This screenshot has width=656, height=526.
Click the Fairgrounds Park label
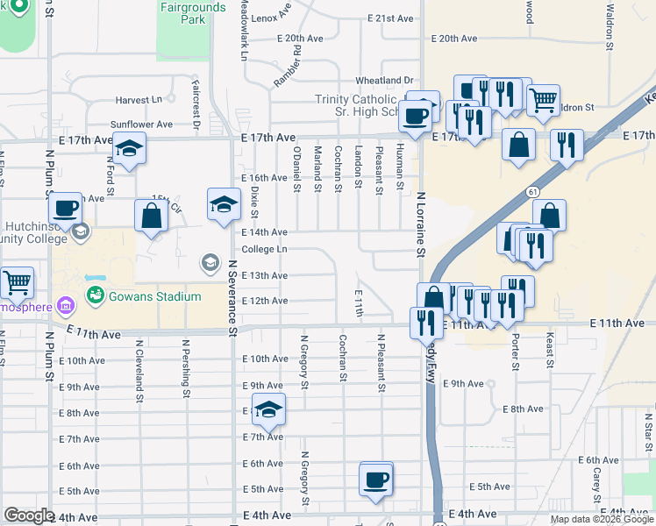(193, 13)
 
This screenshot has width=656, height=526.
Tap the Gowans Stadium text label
(155, 296)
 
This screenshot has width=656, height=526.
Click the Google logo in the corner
(29, 515)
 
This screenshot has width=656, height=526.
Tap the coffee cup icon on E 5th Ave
(376, 480)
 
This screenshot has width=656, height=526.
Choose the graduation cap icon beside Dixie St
(224, 204)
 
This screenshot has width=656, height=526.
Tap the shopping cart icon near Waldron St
(543, 100)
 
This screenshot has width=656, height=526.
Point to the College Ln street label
(264, 249)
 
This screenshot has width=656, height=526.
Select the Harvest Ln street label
(145, 101)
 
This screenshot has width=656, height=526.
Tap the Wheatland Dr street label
(383, 81)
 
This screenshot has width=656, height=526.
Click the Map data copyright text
(602, 519)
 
